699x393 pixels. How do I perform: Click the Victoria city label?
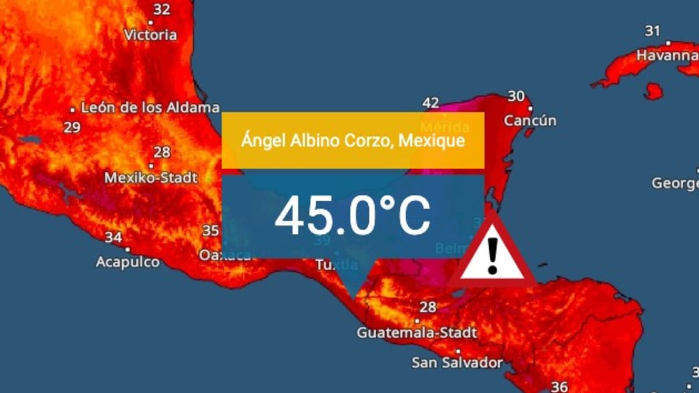(150, 35)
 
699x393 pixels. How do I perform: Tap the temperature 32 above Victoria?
(162, 9)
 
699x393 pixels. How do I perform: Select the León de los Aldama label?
(150, 108)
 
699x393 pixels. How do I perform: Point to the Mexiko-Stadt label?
(151, 177)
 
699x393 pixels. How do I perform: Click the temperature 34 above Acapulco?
(114, 238)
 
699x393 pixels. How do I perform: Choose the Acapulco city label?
(128, 262)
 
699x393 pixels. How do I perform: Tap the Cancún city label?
(530, 121)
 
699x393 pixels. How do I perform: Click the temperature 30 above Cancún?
(516, 96)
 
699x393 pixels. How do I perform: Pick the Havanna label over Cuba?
(667, 56)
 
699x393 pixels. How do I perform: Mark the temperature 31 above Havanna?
(652, 31)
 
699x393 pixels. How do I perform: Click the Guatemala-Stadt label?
(417, 333)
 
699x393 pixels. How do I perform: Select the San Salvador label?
(457, 363)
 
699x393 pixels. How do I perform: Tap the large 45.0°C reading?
(352, 215)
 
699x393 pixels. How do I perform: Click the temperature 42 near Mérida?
(430, 103)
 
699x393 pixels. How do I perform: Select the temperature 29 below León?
(72, 128)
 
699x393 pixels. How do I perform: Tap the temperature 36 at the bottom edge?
(560, 387)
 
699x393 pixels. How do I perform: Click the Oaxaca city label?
(225, 255)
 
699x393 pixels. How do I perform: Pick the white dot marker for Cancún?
(531, 108)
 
